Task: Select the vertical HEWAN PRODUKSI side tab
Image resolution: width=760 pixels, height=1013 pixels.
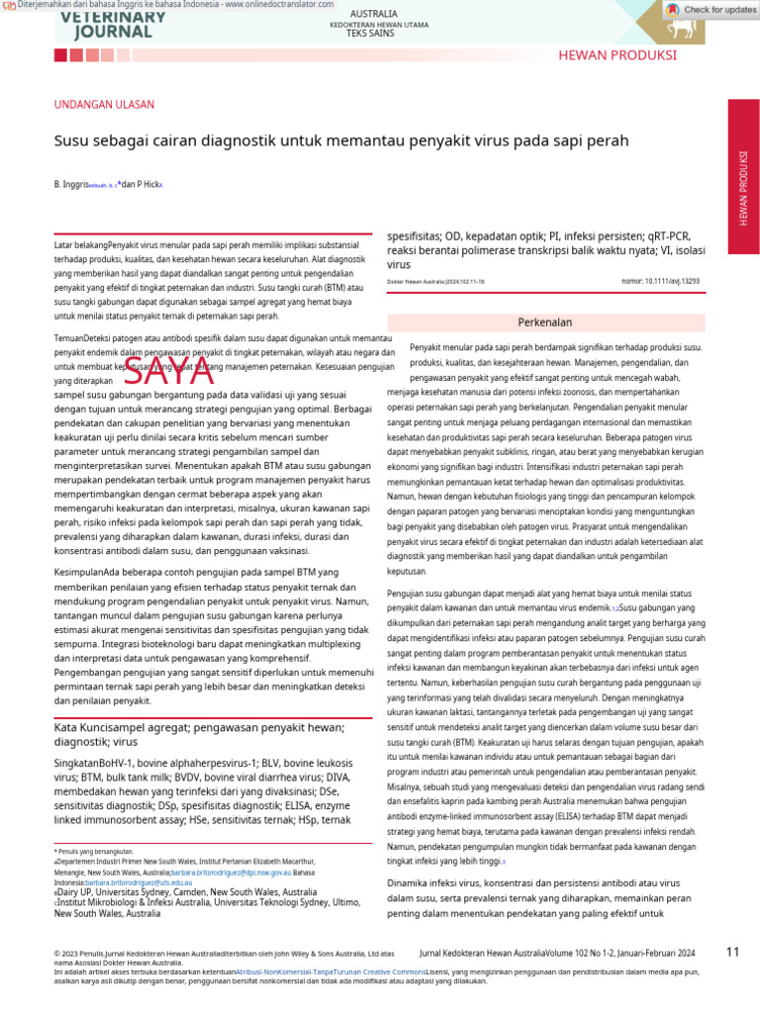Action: coord(743,188)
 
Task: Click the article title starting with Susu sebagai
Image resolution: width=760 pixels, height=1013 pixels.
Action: coord(340,140)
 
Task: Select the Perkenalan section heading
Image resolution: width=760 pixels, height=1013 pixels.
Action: coord(545,322)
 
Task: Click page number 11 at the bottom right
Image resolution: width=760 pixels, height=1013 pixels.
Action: coord(732,952)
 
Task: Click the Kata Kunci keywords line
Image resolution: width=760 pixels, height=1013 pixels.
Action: coord(198,734)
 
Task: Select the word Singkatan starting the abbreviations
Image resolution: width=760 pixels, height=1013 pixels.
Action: coord(78,764)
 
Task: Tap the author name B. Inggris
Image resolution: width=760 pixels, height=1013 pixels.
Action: coord(70,185)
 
